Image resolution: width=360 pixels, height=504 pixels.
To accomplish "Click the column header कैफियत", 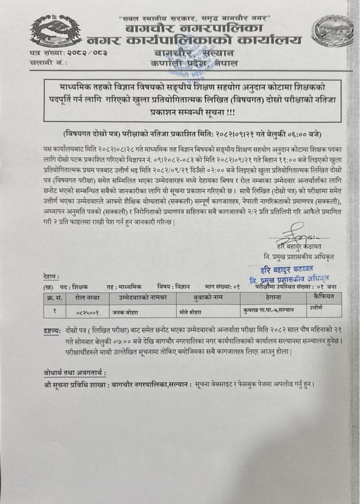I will (323, 296).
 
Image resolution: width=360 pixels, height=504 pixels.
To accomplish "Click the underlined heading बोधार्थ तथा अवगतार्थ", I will (74, 373).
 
